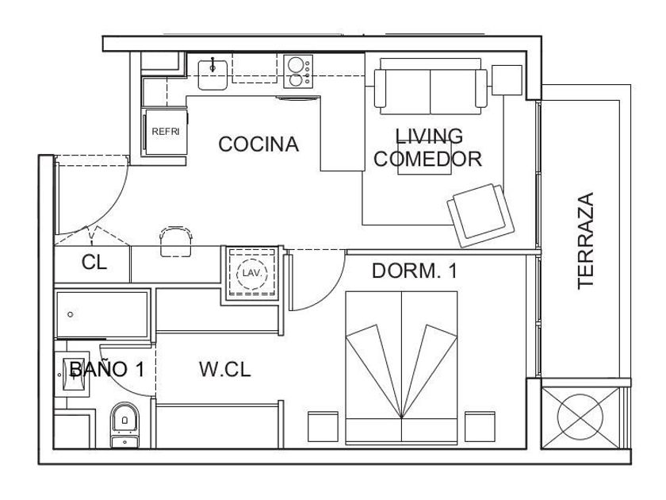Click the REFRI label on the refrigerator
tap(166, 132)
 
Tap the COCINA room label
tap(258, 144)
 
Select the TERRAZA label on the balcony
tap(585, 241)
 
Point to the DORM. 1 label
tap(415, 271)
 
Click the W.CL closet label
tap(224, 369)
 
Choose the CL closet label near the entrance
tap(94, 263)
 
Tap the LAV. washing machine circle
tap(252, 274)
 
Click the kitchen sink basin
tap(212, 75)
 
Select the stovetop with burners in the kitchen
tap(298, 71)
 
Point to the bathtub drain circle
tap(70, 314)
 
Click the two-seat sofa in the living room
tap(431, 87)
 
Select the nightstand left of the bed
tap(323, 426)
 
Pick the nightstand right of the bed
tap(480, 426)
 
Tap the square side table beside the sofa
tap(507, 80)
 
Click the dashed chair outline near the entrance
tap(176, 241)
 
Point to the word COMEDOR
tap(427, 159)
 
